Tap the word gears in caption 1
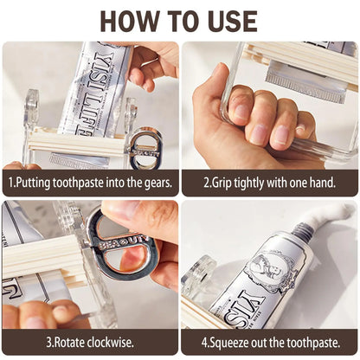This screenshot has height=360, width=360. pos(157,183)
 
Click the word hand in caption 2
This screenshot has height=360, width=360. pos(322,183)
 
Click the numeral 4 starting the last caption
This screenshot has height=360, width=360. pos(202,342)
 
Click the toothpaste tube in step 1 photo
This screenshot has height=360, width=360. pos(91,87)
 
